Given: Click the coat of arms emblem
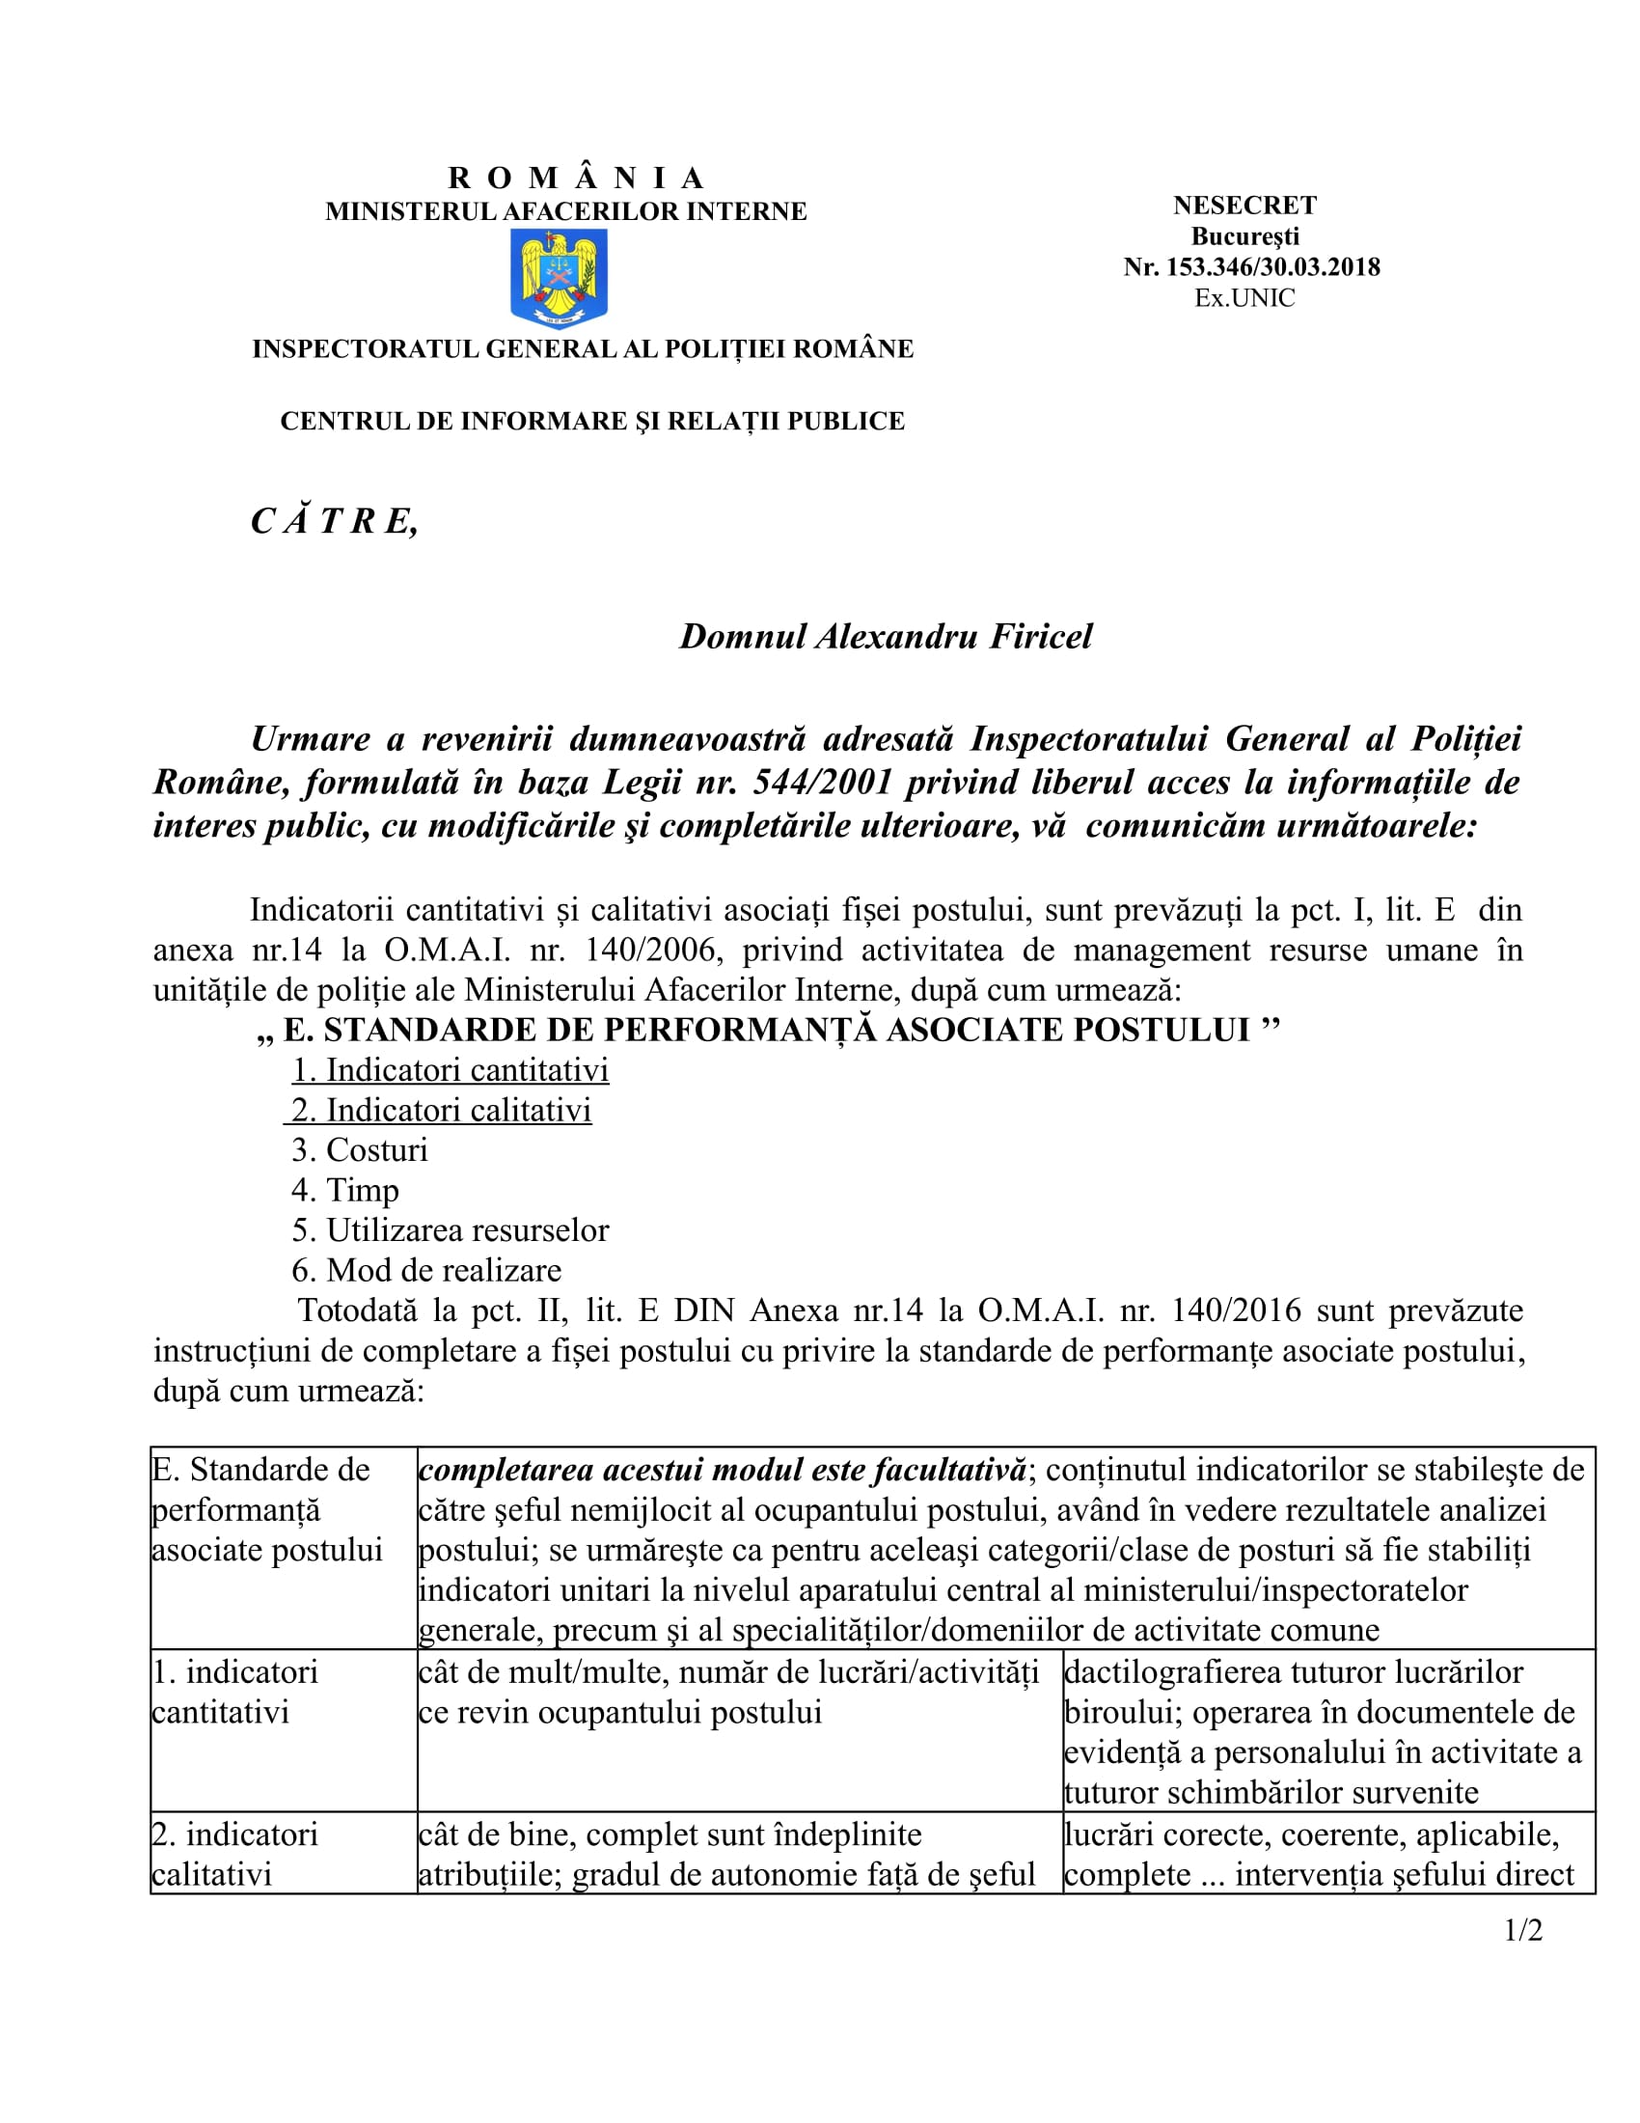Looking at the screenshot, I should click(559, 278).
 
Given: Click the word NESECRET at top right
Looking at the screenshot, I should click(1244, 206).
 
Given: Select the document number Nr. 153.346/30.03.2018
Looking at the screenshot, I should click(1251, 267).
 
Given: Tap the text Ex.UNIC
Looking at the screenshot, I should click(1244, 298).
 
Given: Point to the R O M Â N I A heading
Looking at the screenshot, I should click(575, 178).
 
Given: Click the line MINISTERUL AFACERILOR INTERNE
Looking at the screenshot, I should click(565, 211).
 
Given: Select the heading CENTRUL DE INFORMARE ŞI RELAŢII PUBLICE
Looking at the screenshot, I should click(591, 421).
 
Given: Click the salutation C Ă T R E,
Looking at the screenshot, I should click(334, 522).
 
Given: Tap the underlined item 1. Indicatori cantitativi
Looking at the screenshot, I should click(451, 1069).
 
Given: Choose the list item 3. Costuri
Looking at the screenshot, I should click(360, 1150).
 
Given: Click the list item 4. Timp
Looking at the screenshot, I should click(345, 1190).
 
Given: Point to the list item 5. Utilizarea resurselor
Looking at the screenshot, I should click(451, 1229).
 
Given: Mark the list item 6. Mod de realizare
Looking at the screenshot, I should click(426, 1270).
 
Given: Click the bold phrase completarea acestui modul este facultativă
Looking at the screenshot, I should click(723, 1470).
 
